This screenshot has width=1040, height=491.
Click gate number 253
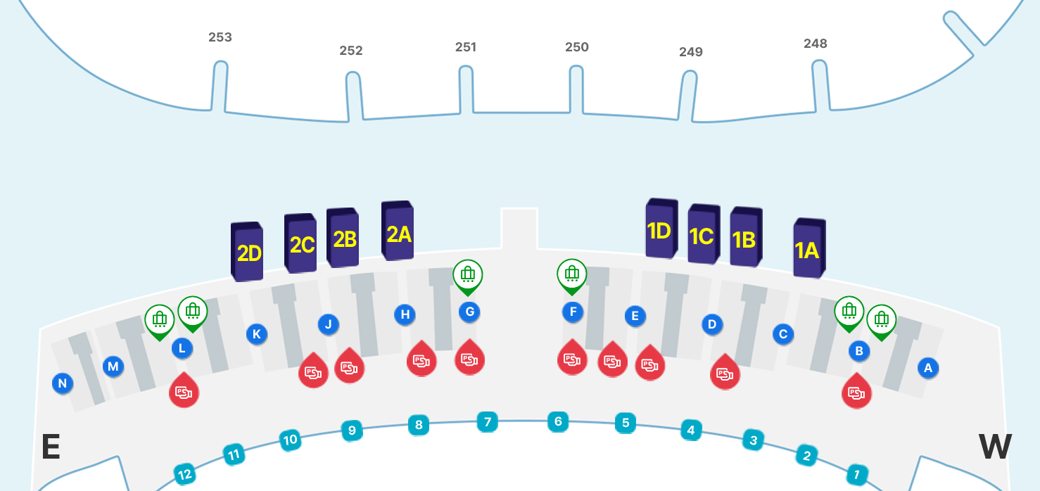(220, 37)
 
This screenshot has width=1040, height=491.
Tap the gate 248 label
(815, 44)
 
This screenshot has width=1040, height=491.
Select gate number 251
(466, 47)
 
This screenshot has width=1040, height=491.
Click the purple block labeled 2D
(247, 252)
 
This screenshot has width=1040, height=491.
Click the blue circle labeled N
(63, 383)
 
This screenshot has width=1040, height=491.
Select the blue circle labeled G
(469, 312)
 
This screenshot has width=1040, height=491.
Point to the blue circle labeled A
(927, 367)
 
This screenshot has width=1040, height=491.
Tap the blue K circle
(256, 334)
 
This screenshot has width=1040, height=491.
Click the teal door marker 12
(184, 475)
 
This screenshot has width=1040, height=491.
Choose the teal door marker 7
(487, 422)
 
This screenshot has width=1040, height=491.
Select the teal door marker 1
(856, 475)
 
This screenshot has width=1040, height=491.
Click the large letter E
(50, 447)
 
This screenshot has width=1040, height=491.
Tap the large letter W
(995, 447)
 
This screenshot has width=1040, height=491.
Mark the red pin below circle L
(184, 390)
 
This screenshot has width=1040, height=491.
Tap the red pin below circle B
(856, 392)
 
